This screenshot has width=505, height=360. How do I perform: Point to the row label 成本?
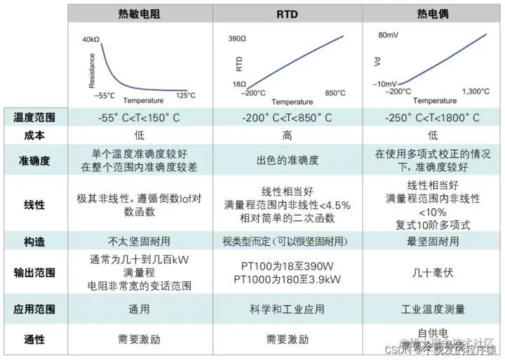[34, 135]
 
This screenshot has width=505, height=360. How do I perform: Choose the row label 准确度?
[34, 161]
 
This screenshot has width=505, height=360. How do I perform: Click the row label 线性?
[34, 204]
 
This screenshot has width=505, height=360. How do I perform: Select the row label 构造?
[34, 241]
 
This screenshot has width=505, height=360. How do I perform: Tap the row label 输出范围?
[34, 272]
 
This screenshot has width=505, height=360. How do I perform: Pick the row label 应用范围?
[34, 309]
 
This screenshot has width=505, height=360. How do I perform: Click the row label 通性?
[34, 339]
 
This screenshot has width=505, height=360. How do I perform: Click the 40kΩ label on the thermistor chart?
[92, 39]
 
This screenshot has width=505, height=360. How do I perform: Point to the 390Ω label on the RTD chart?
[237, 39]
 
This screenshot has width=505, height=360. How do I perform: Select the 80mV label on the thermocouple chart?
[389, 34]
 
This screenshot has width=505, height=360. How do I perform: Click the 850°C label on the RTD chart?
[332, 93]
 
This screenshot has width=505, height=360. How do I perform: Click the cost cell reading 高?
[288, 135]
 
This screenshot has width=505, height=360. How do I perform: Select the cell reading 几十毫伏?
[432, 272]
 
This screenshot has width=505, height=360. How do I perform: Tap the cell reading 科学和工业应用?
[288, 309]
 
